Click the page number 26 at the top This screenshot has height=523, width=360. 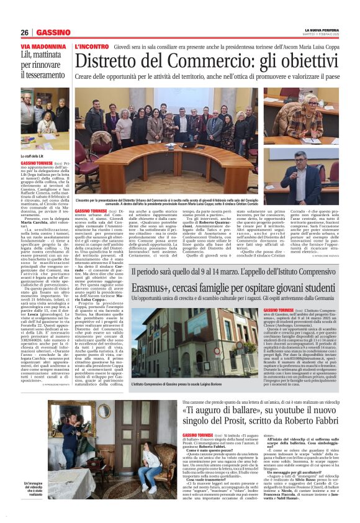coord(25,32)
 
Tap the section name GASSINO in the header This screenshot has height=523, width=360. coord(53,32)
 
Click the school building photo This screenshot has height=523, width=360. coord(184,342)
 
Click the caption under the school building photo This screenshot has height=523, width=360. coord(180,386)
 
